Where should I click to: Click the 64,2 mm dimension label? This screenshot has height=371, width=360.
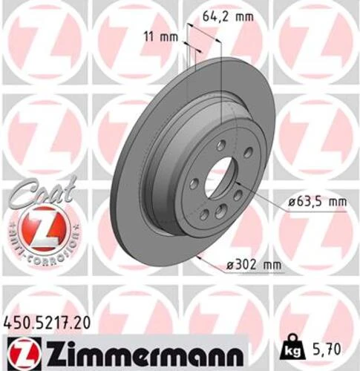tap(223, 15)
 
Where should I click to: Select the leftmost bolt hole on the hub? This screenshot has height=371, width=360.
tap(192, 182)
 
